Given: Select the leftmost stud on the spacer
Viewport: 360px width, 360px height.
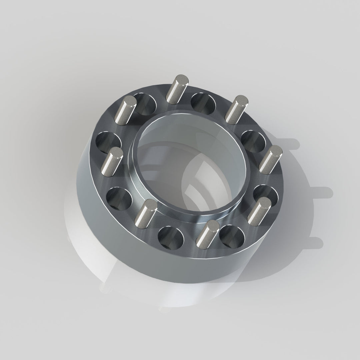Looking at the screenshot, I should (x=112, y=162).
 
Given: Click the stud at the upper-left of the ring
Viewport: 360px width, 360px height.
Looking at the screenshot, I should (x=125, y=110).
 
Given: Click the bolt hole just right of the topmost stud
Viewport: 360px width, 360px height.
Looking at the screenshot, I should (x=203, y=103).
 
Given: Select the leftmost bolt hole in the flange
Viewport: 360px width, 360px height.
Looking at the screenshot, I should (x=108, y=142).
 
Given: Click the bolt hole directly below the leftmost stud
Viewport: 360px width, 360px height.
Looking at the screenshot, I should (x=119, y=199).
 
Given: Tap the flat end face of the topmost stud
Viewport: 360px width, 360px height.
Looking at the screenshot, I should (x=182, y=80).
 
